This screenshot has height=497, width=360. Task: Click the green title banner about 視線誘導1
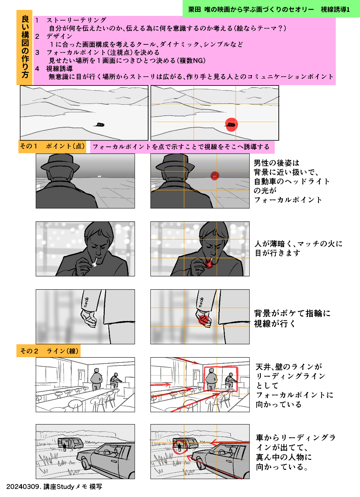click(271, 9)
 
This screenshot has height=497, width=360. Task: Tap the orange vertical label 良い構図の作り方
click(25, 47)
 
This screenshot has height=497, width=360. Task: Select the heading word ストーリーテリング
click(76, 20)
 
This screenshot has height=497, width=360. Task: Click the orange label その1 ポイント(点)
click(52, 146)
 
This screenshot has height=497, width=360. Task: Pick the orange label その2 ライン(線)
click(49, 351)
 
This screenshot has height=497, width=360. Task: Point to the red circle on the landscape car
click(231, 125)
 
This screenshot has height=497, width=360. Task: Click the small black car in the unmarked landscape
click(99, 125)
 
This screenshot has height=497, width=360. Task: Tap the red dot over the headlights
click(214, 176)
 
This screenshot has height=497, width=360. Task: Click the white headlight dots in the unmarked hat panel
click(99, 176)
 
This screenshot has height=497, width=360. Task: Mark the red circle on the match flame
click(209, 264)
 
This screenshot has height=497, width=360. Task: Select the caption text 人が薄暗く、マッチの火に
click(298, 244)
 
